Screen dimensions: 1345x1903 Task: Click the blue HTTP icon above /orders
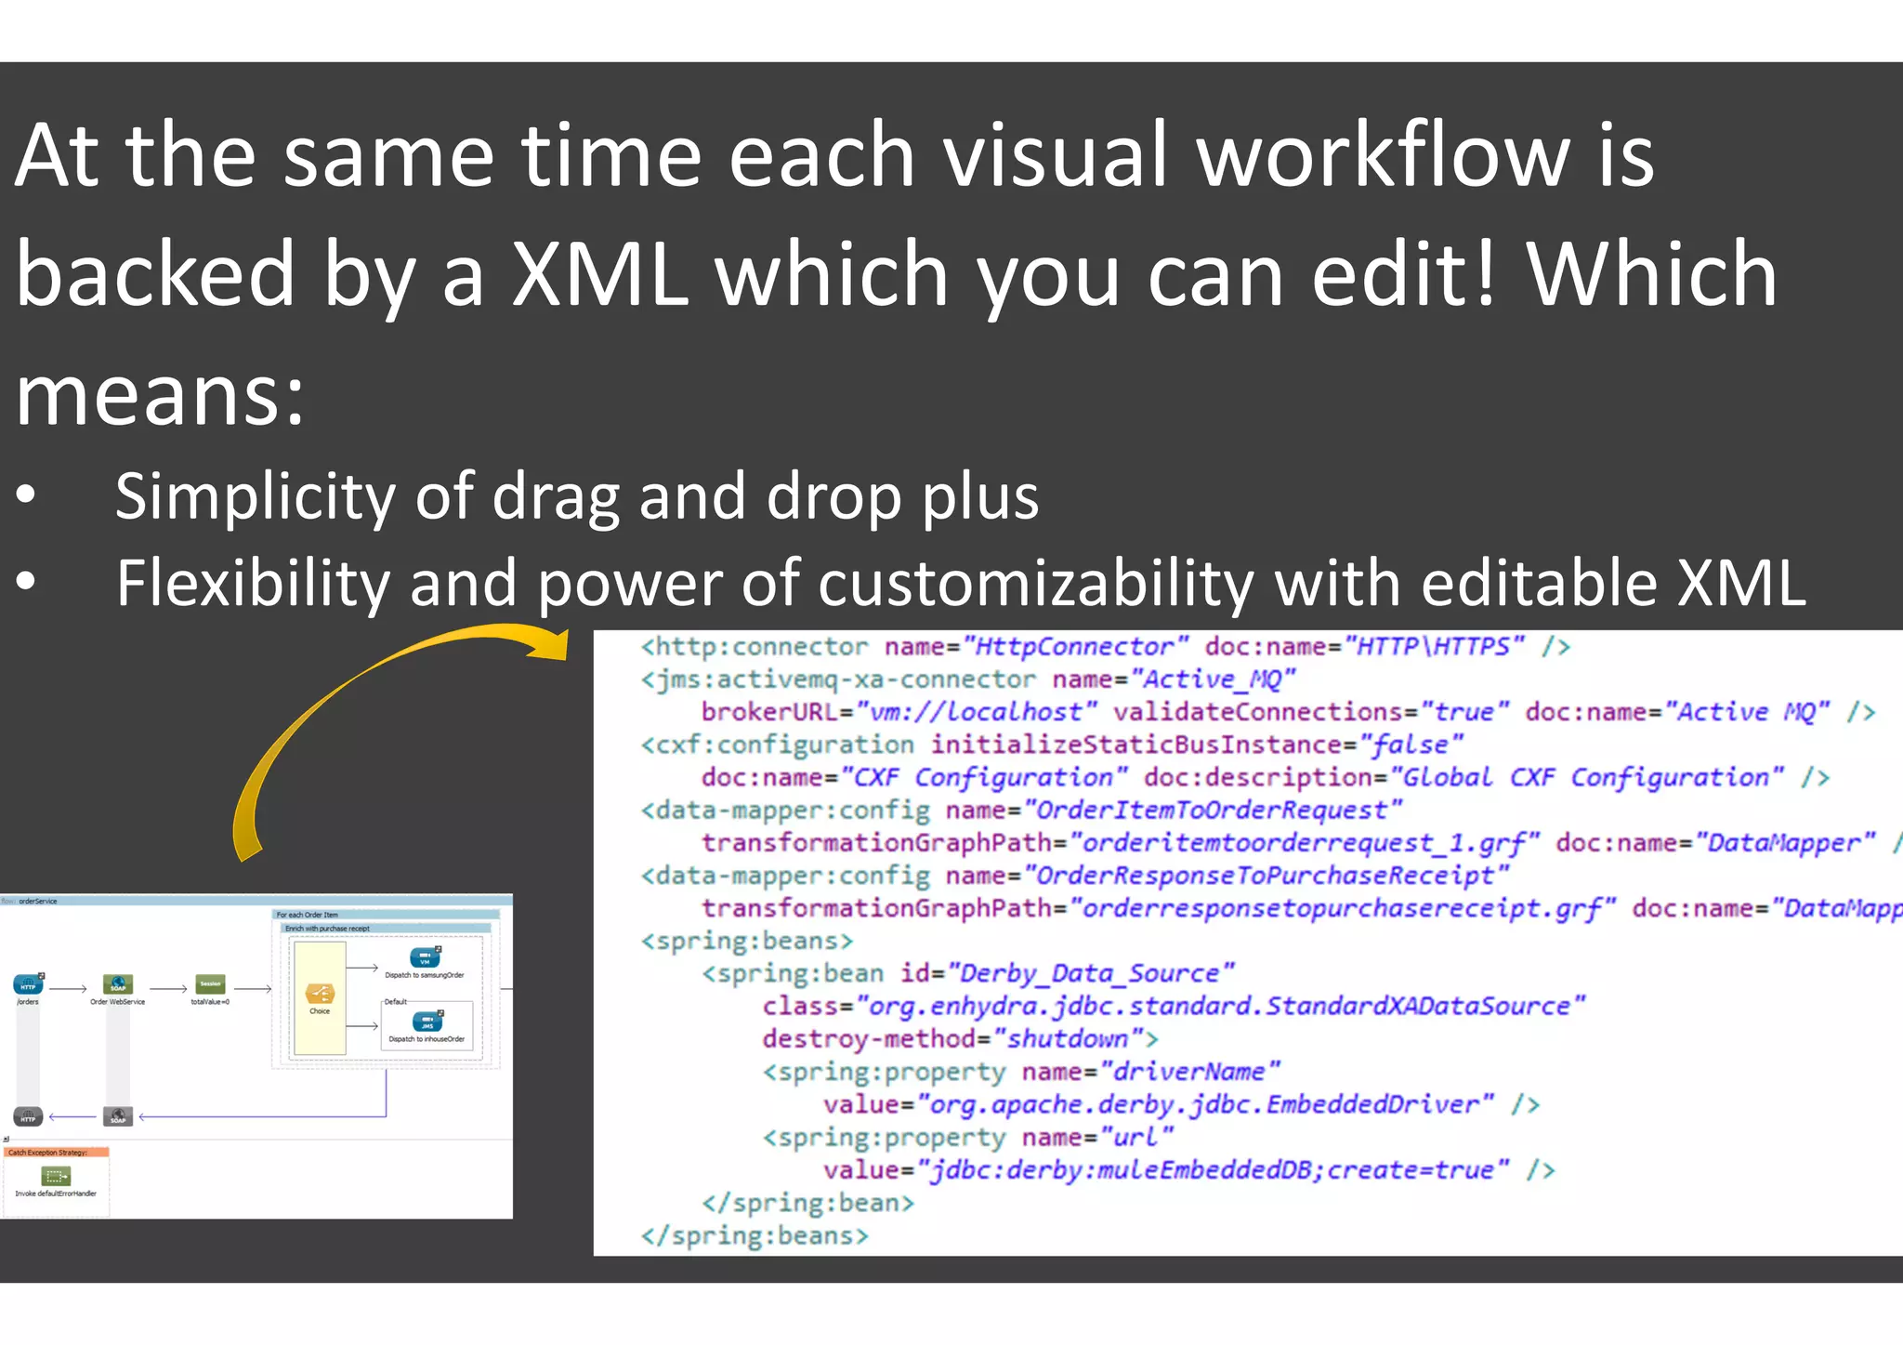28,984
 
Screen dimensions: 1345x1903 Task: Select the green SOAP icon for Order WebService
118,984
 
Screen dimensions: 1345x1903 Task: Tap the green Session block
210,984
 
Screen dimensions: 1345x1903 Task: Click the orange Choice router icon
320,994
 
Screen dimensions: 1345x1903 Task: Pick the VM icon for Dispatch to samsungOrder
425,957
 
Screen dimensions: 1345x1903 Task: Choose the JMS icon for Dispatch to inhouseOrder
427,1022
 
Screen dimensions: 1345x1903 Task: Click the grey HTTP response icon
28,1116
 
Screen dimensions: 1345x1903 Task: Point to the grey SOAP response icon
118,1116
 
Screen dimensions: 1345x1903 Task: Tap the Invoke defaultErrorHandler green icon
56,1177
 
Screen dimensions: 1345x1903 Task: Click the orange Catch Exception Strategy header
56,1153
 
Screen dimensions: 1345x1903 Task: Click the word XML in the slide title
600,273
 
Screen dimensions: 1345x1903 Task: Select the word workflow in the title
1382,155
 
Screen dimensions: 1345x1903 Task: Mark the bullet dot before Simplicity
26,496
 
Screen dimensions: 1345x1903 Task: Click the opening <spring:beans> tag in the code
746,941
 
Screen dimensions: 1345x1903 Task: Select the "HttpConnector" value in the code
1075,647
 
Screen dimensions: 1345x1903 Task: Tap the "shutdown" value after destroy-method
1068,1038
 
